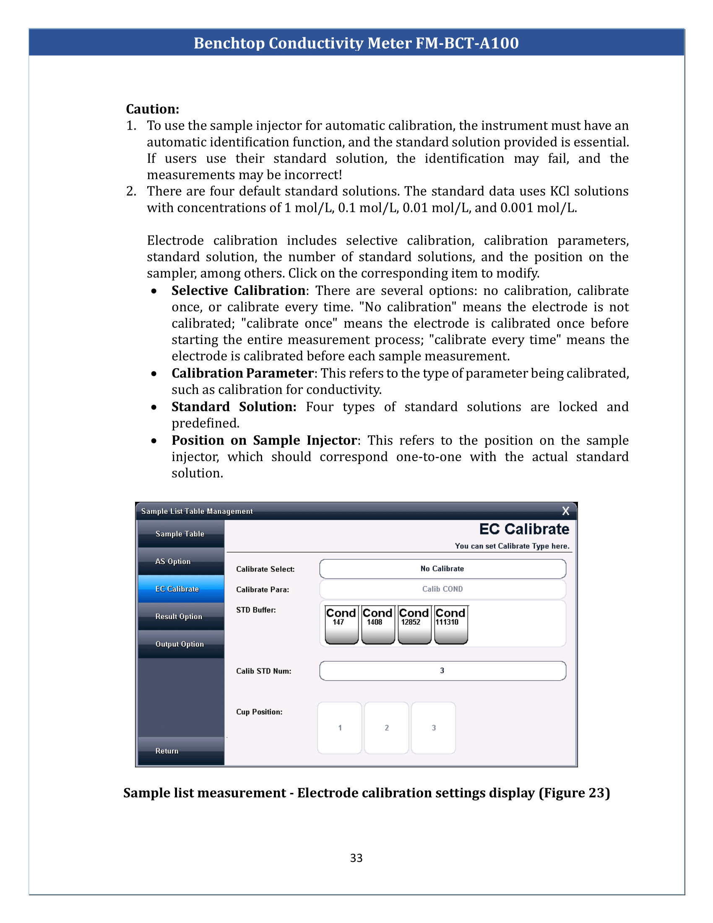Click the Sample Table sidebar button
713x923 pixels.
coord(180,534)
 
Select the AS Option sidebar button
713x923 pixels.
coord(180,561)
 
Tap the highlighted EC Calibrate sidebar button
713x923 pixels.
coord(180,589)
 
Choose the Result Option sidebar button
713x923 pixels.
coord(180,616)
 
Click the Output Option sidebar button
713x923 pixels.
coord(180,644)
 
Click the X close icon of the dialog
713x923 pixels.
coord(566,511)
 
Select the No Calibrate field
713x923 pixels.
coord(442,569)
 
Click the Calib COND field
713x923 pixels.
coord(442,589)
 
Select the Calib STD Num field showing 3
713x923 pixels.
coord(442,671)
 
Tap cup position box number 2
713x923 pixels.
coord(387,728)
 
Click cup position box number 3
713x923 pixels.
coord(433,728)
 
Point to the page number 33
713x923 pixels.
coord(356,858)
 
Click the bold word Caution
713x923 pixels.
coord(153,109)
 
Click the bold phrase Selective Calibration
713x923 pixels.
coord(238,290)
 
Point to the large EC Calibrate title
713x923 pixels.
coord(524,529)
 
